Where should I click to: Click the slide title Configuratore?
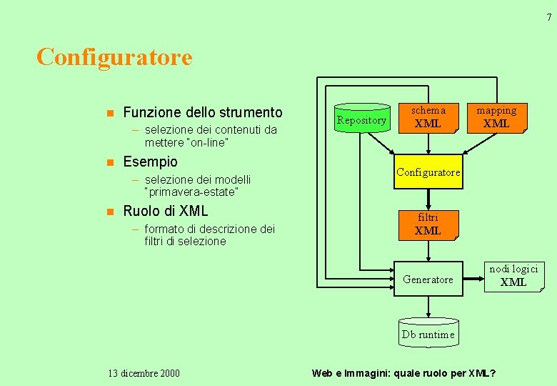(114, 56)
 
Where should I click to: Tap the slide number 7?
(548, 18)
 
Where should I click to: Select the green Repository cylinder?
(361, 119)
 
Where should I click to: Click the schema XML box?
(428, 117)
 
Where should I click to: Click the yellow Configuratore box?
(428, 172)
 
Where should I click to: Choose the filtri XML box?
(428, 224)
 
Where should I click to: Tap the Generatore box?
(428, 279)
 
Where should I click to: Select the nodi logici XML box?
(513, 276)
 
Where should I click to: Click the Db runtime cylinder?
(428, 333)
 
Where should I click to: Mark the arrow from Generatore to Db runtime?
(428, 307)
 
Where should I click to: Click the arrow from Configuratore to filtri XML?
(428, 199)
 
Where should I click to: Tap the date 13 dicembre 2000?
(144, 373)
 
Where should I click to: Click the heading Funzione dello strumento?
(203, 112)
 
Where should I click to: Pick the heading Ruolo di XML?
(165, 211)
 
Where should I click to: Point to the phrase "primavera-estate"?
(191, 192)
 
